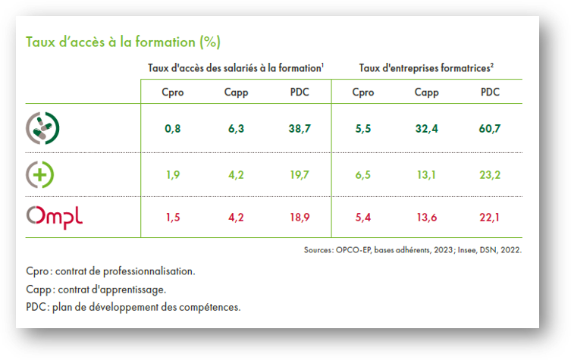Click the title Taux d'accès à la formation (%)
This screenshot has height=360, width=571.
[x=124, y=41]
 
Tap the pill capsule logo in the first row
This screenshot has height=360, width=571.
[x=43, y=128]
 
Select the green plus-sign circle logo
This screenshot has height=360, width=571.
[x=40, y=174]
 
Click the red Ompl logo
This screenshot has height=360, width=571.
[x=55, y=217]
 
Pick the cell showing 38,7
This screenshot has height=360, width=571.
[x=300, y=130]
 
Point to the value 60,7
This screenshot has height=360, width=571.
[x=490, y=130]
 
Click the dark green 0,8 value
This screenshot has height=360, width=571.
[x=173, y=130]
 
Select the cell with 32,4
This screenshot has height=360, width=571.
[x=426, y=130]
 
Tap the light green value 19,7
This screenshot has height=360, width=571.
[x=300, y=175]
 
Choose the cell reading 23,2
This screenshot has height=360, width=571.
[x=490, y=175]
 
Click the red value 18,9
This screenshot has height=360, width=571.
[x=300, y=218]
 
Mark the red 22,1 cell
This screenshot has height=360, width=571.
[x=490, y=218]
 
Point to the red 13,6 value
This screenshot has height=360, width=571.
[x=426, y=218]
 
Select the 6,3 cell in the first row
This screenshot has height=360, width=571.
[x=236, y=130]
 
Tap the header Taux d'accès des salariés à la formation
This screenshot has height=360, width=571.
[x=236, y=68]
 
